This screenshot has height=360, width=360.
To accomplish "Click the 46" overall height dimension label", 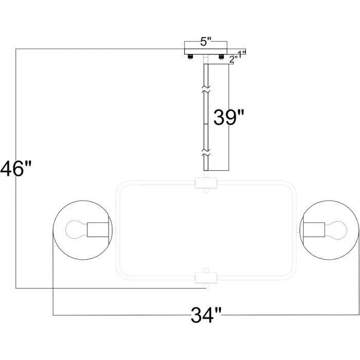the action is pos(15,169).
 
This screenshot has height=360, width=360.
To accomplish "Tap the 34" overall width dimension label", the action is pos(206,315).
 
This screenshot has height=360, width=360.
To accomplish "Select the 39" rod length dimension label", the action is pos(229,117).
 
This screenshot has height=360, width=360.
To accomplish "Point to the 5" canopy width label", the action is pos(206,42).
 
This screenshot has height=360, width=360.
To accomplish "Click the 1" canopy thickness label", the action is pos(242,55).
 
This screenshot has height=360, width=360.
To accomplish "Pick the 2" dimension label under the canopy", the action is pos(233,60).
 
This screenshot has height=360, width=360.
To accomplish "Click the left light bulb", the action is pos(76,229).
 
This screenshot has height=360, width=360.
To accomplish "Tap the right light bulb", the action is pos(335,230).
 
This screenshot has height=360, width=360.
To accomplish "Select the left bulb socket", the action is pos(98,229).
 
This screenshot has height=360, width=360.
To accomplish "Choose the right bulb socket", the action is pos(314,230).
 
